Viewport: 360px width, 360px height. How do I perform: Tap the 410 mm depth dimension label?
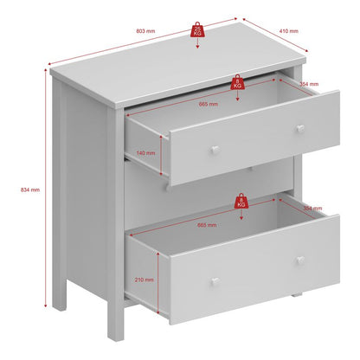point(290,31)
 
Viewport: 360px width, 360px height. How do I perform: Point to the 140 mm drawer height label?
point(146,152)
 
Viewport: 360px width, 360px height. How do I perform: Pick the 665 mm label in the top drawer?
point(209,104)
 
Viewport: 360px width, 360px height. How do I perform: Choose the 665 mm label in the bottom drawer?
point(208,224)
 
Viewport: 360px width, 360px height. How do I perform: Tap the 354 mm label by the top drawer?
point(308,84)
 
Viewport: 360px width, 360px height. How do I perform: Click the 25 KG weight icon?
point(198,30)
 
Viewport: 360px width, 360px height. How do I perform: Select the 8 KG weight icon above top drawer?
point(237,83)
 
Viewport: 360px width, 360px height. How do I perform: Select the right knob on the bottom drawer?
point(299,260)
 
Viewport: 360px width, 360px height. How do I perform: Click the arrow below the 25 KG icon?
point(198,44)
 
